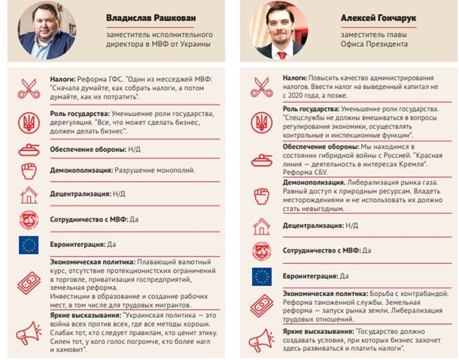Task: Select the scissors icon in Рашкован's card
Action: click(27, 87)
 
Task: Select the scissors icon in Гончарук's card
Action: click(263, 86)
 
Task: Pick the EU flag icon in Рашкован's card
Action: click(27, 245)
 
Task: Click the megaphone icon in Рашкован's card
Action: click(27, 331)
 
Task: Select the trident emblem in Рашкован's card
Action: click(27, 119)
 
